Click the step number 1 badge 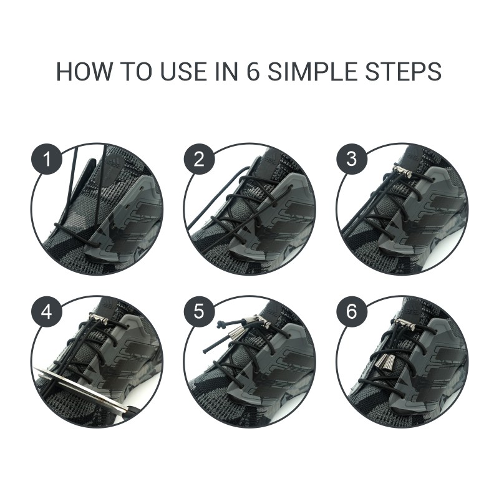46,159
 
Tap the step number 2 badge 199,159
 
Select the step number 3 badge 351,159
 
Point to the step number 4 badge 46,311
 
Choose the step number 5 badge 199,311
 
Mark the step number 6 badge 351,311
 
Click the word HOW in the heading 84,72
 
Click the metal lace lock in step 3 402,170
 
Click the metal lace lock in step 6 404,324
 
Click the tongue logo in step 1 114,162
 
